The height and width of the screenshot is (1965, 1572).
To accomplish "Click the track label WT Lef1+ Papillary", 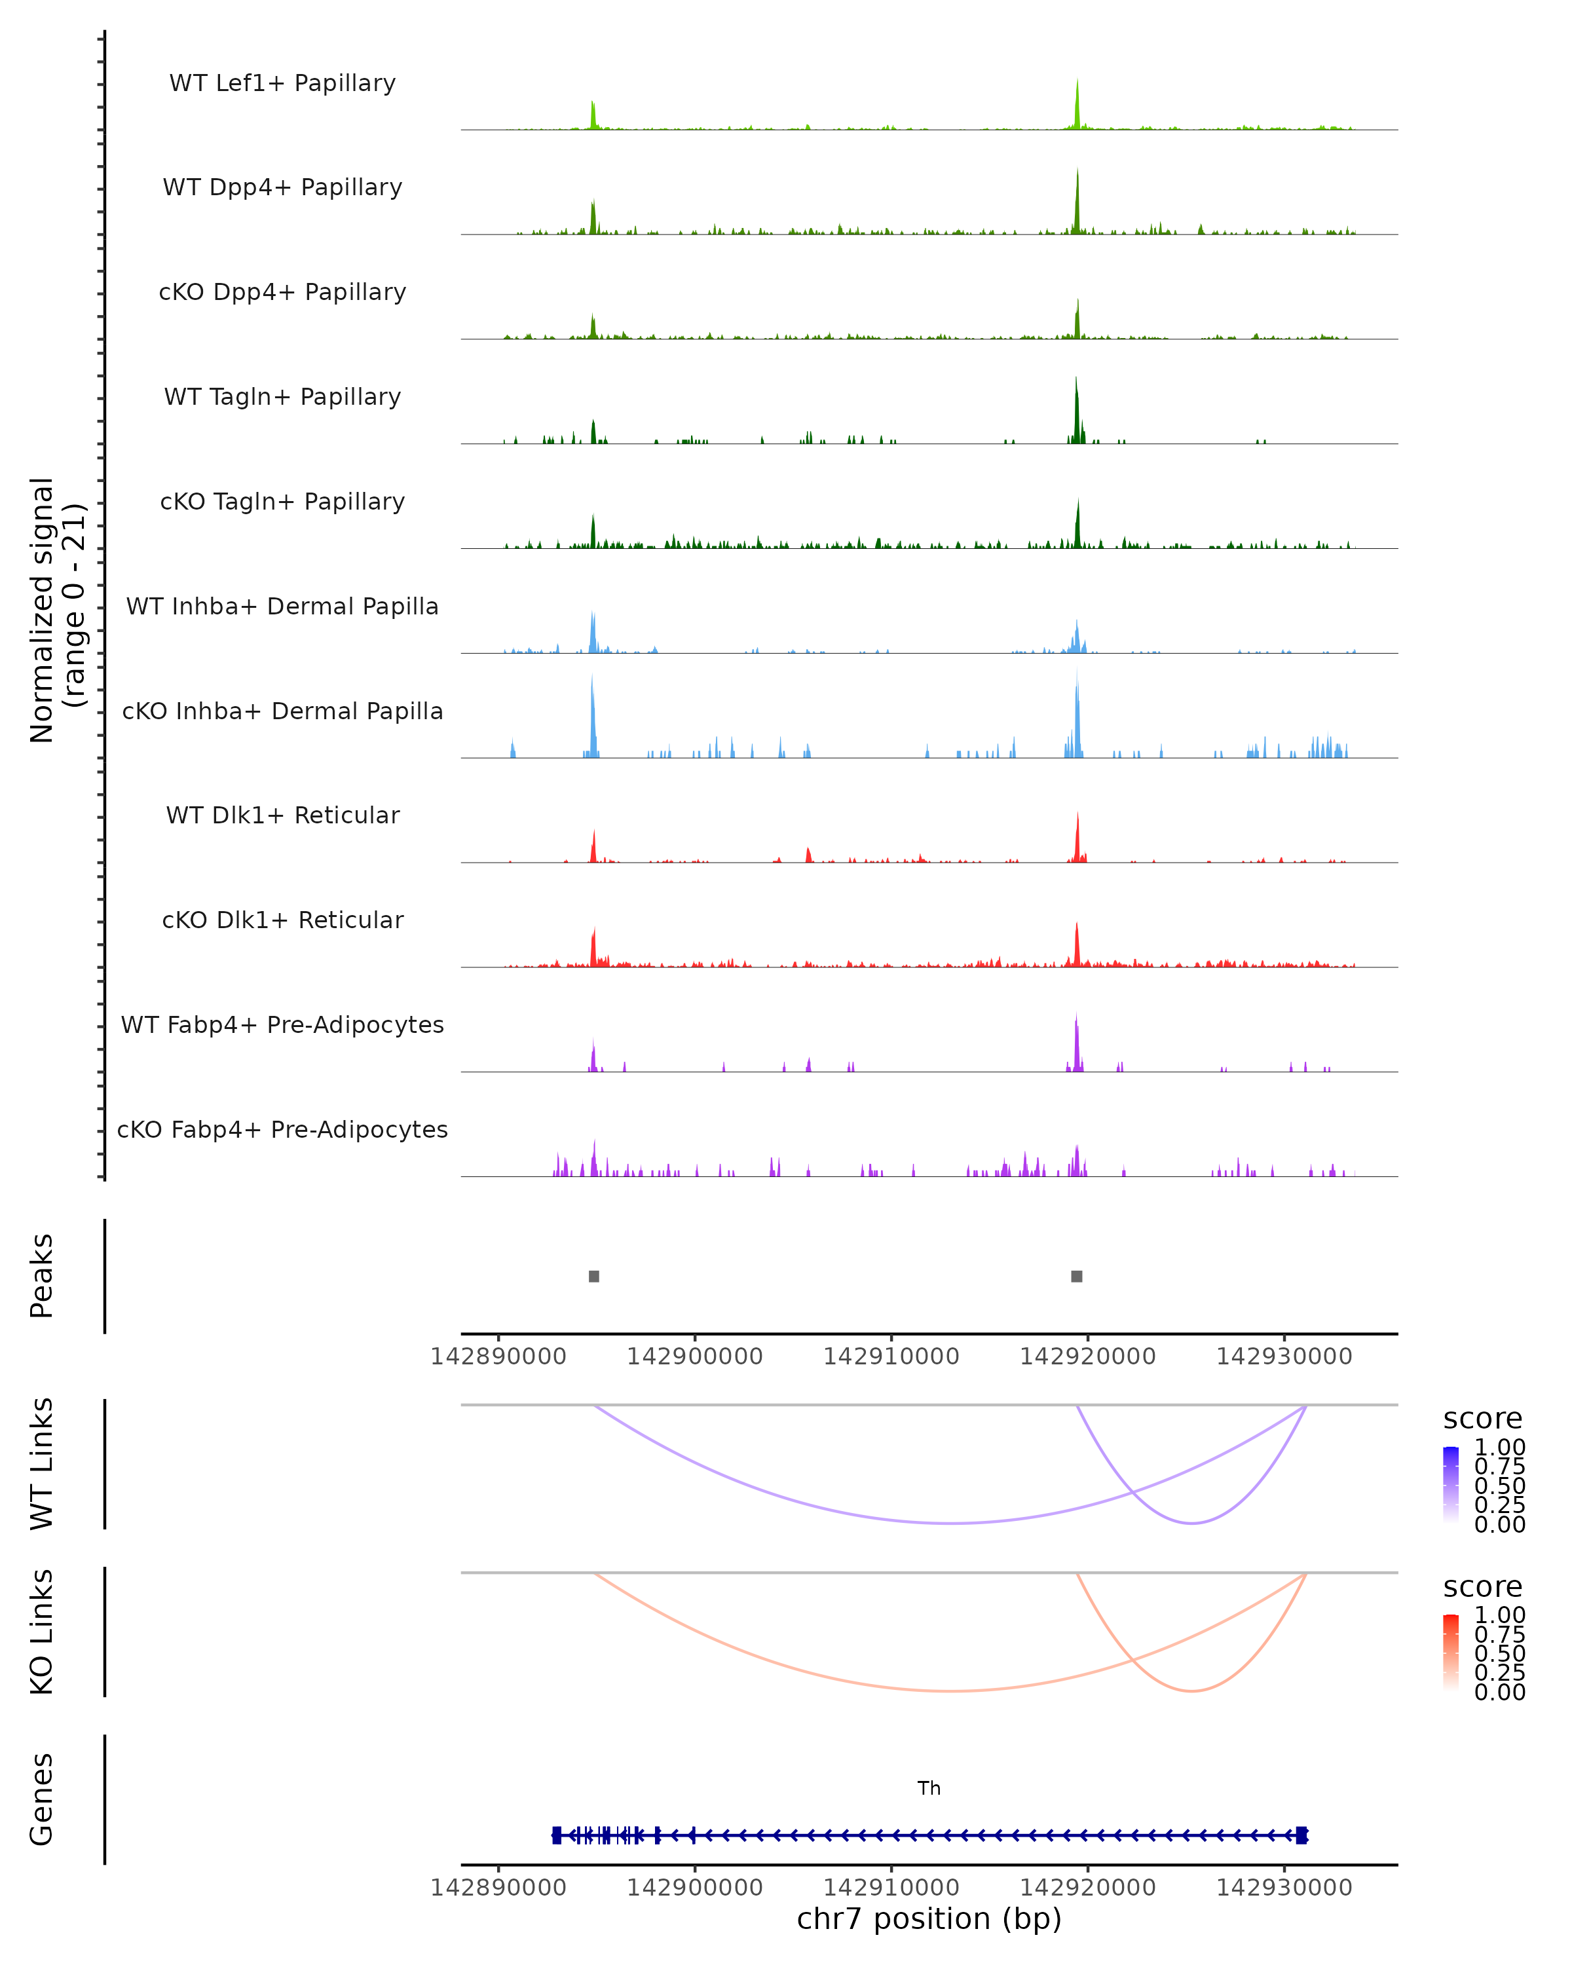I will coord(282,83).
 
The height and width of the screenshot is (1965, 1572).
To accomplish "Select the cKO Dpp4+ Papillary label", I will coord(282,291).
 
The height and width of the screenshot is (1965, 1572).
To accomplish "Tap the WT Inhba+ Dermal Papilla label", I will coord(282,606).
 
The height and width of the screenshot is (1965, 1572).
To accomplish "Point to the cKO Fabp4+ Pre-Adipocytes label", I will coord(282,1129).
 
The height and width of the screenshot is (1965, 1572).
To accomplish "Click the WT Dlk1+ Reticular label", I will coord(282,815).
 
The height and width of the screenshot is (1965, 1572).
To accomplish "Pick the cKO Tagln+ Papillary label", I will coord(282,501).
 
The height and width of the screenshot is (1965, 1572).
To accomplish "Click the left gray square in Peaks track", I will coord(594,1276).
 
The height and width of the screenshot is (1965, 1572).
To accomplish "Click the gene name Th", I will coord(929,1788).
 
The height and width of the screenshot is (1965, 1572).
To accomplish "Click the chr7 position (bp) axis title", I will coord(929,1918).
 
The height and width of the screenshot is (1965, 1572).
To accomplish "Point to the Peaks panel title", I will coord(42,1276).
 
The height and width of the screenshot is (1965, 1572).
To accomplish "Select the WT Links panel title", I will coord(42,1464).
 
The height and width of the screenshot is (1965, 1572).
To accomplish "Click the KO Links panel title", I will coord(42,1632).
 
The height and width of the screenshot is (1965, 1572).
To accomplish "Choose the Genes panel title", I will coord(42,1799).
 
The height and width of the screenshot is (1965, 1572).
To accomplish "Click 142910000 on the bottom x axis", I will coord(891,1886).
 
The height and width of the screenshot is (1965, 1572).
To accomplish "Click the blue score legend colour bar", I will coord(1451,1485).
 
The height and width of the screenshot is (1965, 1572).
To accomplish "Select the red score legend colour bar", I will coord(1451,1653).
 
